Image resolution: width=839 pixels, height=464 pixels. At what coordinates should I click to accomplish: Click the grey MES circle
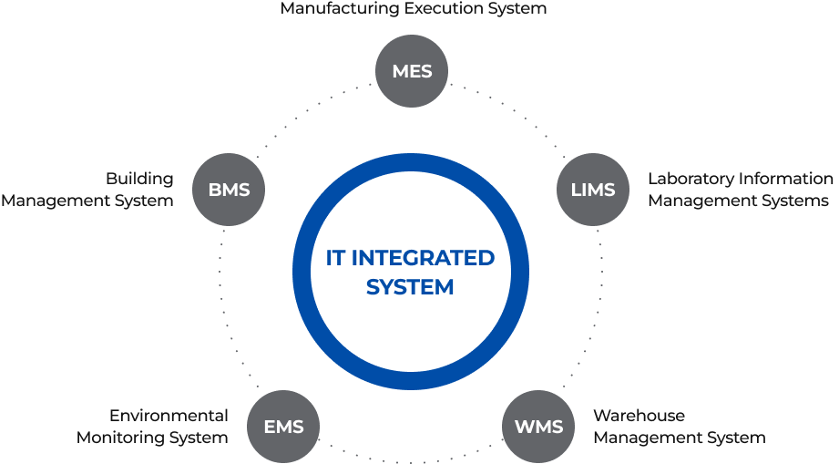tap(412, 71)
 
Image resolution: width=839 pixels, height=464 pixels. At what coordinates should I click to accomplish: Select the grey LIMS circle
tap(592, 191)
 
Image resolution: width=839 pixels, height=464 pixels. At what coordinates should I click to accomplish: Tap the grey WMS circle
tap(538, 426)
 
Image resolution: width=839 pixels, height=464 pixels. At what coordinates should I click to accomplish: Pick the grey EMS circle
tap(283, 426)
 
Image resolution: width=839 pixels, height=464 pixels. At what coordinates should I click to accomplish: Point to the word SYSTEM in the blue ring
tap(410, 288)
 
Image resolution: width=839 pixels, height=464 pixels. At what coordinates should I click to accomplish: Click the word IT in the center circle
tap(335, 259)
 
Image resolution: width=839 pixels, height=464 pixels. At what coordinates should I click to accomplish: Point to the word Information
tap(784, 179)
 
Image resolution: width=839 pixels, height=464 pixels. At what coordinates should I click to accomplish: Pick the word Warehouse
tap(639, 416)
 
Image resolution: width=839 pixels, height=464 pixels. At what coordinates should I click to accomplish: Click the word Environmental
tap(169, 416)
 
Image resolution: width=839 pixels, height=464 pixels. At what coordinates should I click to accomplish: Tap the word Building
tap(139, 179)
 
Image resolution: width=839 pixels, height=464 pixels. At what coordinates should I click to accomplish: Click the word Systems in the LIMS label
tap(798, 201)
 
